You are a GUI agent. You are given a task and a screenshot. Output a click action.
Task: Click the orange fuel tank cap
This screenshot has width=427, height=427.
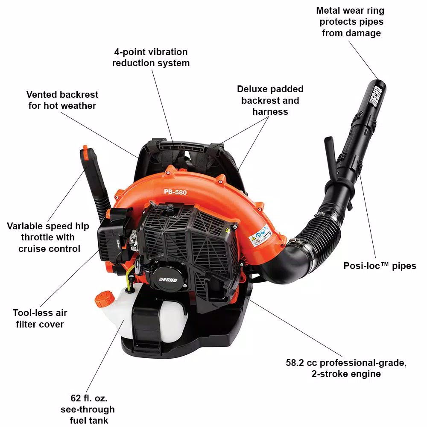pyautogui.click(x=103, y=297)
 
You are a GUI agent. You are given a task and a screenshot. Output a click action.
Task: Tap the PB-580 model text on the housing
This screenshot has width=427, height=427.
pyautogui.click(x=175, y=192)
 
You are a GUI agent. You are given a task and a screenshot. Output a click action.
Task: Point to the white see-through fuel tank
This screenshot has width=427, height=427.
pyautogui.click(x=117, y=318)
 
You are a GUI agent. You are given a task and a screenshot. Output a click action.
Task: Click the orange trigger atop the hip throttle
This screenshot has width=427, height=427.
pyautogui.click(x=85, y=152)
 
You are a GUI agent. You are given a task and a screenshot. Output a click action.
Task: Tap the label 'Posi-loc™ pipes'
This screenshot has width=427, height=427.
pyautogui.click(x=380, y=266)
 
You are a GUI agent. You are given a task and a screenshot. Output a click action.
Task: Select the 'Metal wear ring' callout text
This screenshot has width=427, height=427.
pyautogui.click(x=350, y=11)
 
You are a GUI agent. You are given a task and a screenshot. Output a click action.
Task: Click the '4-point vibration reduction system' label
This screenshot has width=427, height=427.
pyautogui.click(x=150, y=57)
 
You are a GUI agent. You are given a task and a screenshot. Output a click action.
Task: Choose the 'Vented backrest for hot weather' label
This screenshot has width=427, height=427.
pyautogui.click(x=62, y=100)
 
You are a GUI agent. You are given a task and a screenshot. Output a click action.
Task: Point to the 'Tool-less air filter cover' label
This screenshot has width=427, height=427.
pyautogui.click(x=40, y=319)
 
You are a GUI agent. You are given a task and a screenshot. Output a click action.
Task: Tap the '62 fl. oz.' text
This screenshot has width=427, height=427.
pyautogui.click(x=89, y=398)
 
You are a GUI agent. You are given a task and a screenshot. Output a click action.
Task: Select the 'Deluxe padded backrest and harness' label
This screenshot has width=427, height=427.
pyautogui.click(x=270, y=100)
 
